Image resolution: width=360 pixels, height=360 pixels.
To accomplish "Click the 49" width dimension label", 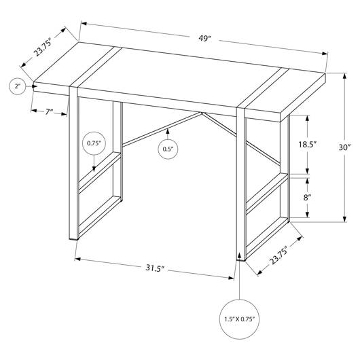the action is [204, 38].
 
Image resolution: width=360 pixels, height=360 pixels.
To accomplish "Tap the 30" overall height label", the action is [345, 147].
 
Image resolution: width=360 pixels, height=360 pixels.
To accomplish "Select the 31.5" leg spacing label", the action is [155, 268].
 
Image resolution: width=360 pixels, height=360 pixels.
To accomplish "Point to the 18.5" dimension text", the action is [308, 145].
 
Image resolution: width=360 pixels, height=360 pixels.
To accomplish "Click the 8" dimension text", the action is [307, 197].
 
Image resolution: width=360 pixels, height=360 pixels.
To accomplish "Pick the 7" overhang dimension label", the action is [49, 112].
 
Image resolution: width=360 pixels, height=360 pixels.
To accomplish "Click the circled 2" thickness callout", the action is [18, 86].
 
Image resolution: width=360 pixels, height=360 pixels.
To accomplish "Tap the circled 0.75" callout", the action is [94, 143].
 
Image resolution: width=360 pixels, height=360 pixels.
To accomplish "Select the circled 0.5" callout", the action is [168, 149].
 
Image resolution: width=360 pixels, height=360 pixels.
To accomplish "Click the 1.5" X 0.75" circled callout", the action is [240, 319].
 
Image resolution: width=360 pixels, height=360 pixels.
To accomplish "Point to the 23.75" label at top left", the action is [43, 48].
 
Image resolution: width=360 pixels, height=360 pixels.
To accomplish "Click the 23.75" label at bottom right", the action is [278, 255].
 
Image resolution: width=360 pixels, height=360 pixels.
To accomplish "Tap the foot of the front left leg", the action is [74, 239].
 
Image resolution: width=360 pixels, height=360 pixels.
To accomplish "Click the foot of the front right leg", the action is [241, 259].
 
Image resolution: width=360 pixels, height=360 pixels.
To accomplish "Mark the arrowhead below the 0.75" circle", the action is [94, 168].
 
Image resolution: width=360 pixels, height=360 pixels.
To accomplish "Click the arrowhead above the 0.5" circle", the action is [168, 131].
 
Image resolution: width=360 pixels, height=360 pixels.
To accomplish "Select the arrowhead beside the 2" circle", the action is [35, 86].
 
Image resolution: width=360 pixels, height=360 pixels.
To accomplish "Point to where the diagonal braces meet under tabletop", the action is [202, 113].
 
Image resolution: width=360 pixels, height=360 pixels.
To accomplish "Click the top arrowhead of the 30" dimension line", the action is [344, 76].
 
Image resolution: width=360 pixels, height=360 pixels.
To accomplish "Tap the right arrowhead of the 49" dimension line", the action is [325, 54].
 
